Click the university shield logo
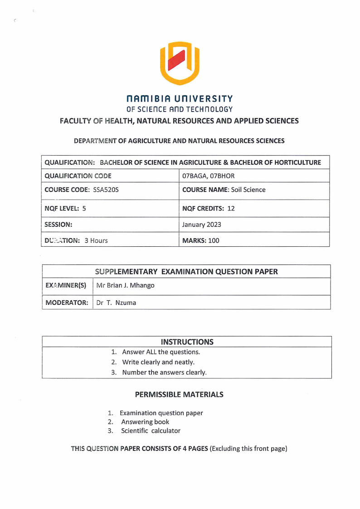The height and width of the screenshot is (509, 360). tap(180, 63)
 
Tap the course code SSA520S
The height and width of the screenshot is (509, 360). tap(106, 190)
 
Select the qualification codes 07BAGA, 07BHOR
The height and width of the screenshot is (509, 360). tap(208, 176)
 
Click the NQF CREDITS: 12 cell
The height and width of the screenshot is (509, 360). tap(208, 209)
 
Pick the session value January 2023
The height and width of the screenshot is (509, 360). tap(201, 225)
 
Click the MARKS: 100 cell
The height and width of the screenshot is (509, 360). tap(200, 240)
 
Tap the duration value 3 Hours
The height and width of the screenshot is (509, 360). tap(96, 240)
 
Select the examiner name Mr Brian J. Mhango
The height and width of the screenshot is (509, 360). tap(125, 285)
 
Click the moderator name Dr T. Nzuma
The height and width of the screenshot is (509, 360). tap(116, 303)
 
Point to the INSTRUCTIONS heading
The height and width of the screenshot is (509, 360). tap(187, 342)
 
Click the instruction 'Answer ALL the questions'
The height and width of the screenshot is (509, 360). tap(161, 352)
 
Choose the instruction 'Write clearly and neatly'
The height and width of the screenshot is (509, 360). tap(158, 362)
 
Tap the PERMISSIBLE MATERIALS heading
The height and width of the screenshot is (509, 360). tap(179, 395)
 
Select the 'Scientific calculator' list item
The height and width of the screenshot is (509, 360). tap(150, 431)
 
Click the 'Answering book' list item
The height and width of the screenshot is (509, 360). tap(145, 422)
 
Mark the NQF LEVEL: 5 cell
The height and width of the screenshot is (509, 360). tap(65, 209)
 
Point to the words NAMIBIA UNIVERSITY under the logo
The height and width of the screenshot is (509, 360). tap(180, 99)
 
